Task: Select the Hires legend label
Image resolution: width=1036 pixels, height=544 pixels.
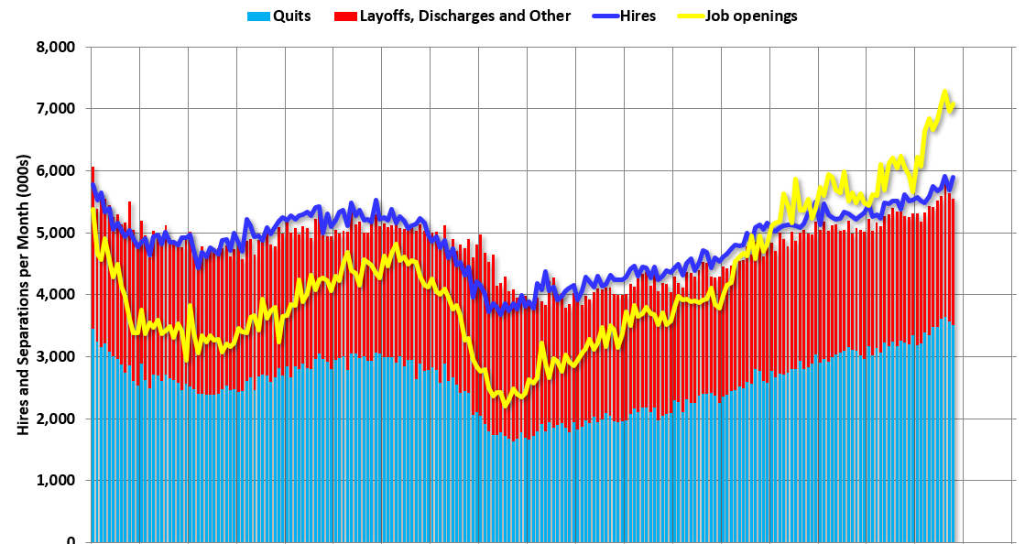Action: pyautogui.click(x=637, y=16)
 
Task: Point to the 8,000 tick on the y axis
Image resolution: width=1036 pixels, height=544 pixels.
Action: pyautogui.click(x=55, y=47)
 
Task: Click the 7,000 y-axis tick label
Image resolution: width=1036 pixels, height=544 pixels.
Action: pyautogui.click(x=55, y=109)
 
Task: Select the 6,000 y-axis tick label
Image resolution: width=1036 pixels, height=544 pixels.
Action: pyautogui.click(x=55, y=171)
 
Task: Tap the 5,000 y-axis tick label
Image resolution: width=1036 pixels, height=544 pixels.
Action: pyautogui.click(x=55, y=233)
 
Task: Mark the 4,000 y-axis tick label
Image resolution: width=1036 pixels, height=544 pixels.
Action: pyautogui.click(x=55, y=295)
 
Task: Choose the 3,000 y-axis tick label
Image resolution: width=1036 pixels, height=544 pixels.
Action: pyautogui.click(x=55, y=357)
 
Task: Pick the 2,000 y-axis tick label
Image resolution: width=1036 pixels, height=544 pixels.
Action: pyautogui.click(x=55, y=419)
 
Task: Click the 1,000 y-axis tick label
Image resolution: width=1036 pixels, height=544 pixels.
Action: pyautogui.click(x=55, y=481)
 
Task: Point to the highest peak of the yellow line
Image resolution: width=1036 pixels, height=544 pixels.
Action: pyautogui.click(x=944, y=92)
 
